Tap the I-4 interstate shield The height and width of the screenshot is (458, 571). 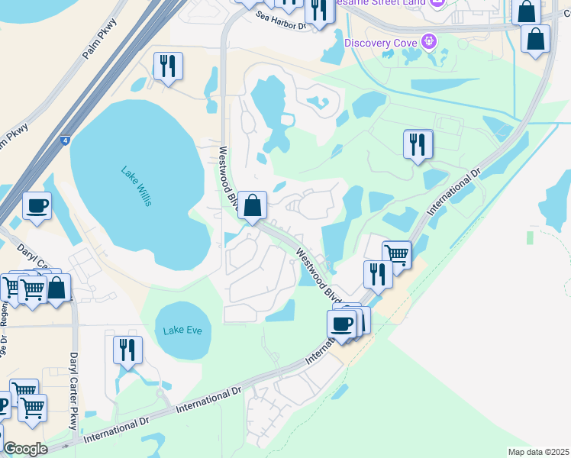click(64, 140)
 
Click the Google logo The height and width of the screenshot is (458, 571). click(25, 449)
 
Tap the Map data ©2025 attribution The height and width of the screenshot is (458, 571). click(538, 452)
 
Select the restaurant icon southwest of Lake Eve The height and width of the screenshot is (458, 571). click(127, 349)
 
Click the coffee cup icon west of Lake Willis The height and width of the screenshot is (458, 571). click(37, 205)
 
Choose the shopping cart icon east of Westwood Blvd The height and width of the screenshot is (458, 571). click(396, 253)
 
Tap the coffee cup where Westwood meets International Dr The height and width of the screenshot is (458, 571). click(342, 323)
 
